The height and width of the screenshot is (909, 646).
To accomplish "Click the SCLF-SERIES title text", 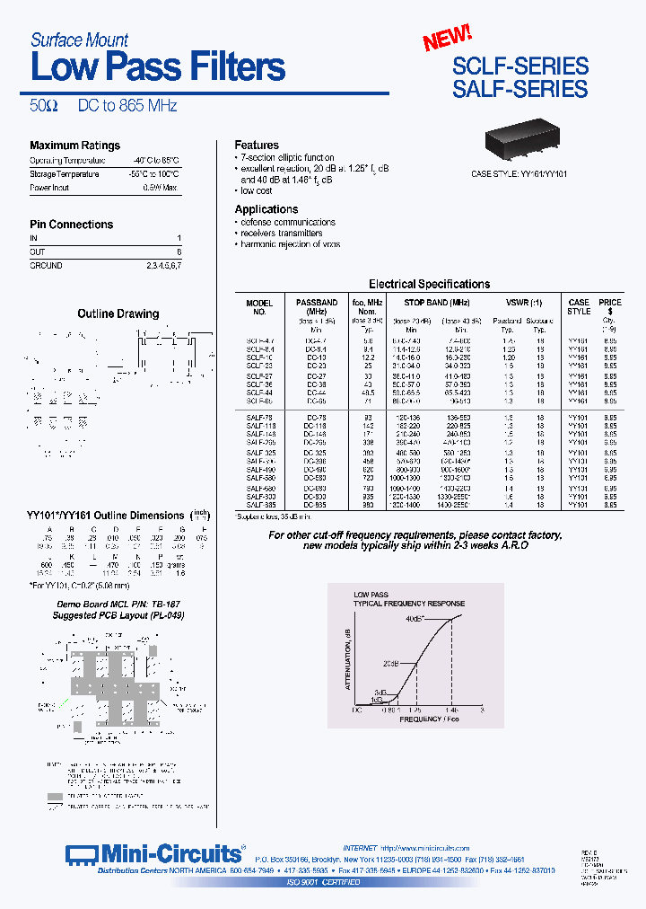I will pos(520,66).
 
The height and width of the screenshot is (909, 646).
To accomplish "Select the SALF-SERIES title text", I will pos(520,89).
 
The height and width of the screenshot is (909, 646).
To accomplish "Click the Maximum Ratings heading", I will pos(74,146).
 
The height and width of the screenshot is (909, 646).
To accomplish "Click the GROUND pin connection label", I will pos(46,266).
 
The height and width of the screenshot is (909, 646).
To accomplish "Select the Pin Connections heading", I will pos(71,225).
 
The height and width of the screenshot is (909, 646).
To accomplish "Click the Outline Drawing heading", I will pos(118,313).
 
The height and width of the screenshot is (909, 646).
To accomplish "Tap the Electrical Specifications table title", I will pos(429,284).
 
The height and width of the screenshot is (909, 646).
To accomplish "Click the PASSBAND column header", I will pos(317,304).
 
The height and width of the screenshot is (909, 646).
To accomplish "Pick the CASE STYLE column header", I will pos(579,307).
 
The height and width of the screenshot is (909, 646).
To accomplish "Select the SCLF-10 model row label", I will pos(259,357).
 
